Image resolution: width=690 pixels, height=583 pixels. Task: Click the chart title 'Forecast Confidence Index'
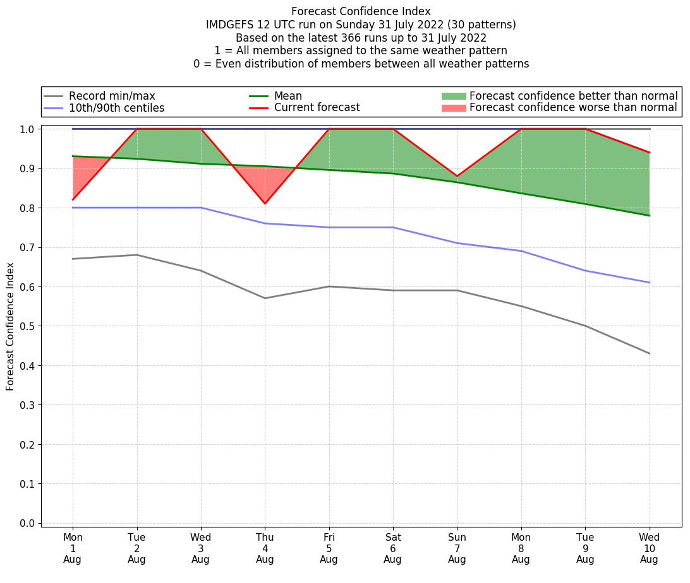[361, 11]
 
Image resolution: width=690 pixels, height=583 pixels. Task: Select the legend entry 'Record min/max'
[112, 96]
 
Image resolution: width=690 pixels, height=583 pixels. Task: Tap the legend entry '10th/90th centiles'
[116, 108]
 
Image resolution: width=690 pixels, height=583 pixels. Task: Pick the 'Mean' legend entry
[287, 96]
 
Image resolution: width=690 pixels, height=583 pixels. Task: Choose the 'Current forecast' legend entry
[317, 108]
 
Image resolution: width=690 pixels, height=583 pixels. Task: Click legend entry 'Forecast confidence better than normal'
[573, 96]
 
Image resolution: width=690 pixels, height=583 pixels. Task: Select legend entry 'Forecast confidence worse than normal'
[573, 108]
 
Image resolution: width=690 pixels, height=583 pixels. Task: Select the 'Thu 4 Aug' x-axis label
[265, 548]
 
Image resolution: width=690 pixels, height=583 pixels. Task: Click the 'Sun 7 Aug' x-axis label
[457, 548]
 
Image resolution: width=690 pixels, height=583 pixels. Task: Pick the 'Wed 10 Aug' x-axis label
[649, 548]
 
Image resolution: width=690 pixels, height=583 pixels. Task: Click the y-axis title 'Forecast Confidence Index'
[11, 326]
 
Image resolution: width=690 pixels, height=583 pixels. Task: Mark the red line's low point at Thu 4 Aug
[265, 204]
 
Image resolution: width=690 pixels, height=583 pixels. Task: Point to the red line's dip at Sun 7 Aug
[457, 176]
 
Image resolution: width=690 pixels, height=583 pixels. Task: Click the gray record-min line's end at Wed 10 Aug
[649, 353]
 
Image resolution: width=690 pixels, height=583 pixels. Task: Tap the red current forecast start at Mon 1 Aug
[73, 199]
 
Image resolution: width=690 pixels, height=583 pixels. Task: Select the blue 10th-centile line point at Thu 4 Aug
[265, 223]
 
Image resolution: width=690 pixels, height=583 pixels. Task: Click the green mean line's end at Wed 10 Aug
[649, 216]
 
